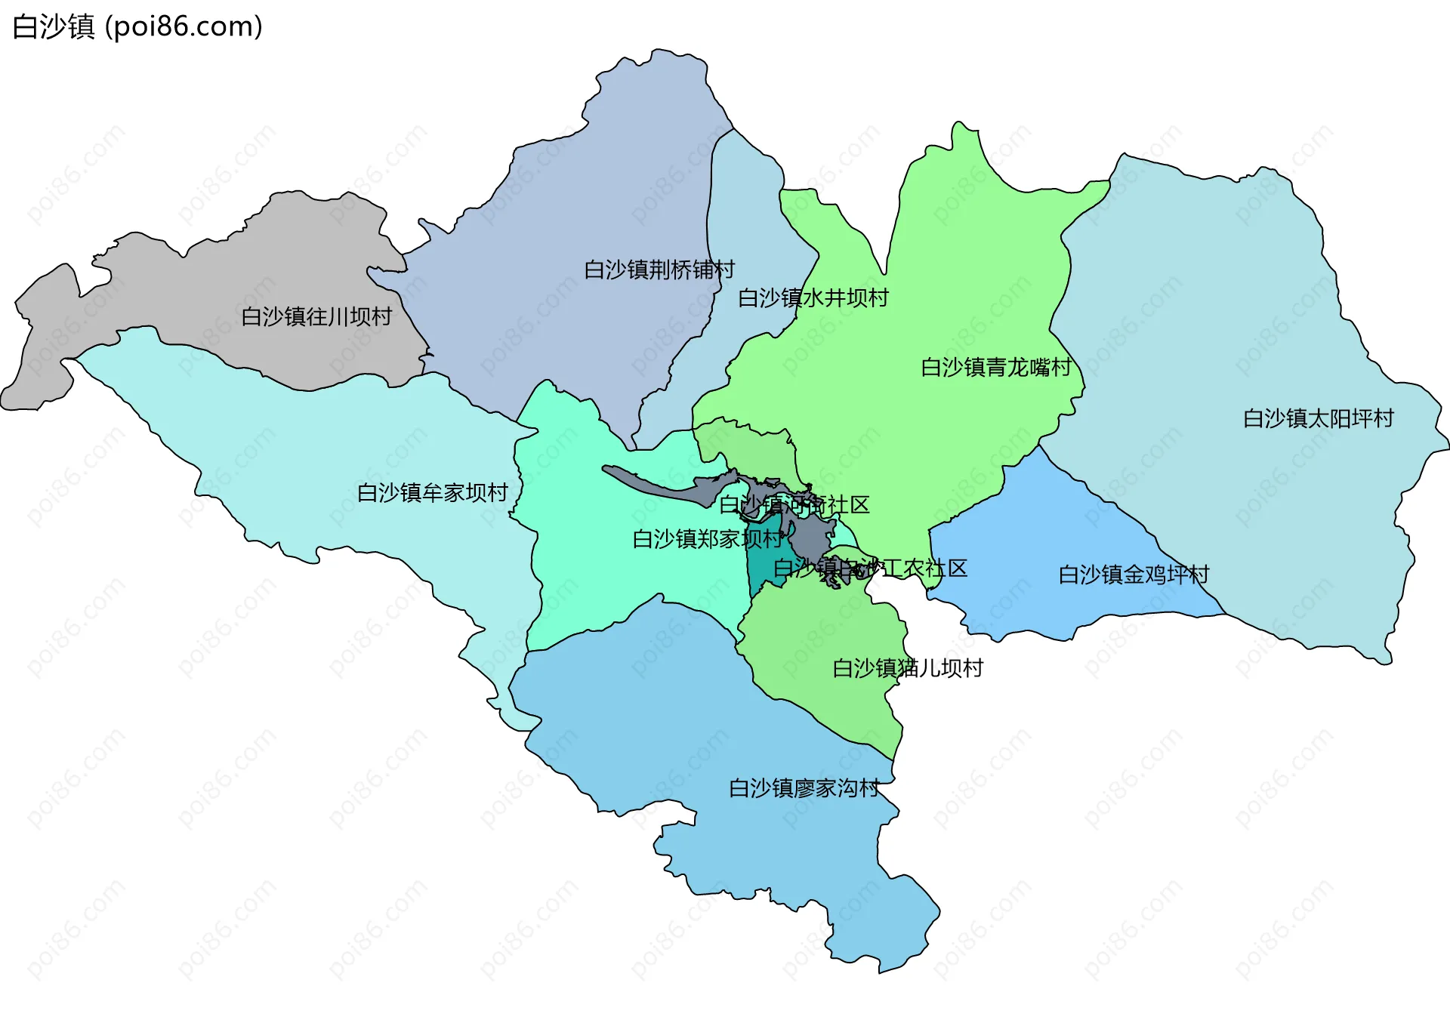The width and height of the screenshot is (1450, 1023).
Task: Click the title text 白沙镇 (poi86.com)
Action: tap(137, 27)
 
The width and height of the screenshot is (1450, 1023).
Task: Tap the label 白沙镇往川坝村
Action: tap(316, 316)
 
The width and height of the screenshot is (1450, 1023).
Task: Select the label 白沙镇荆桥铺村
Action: tap(659, 270)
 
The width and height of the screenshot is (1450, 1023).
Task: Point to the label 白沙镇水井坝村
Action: tap(813, 298)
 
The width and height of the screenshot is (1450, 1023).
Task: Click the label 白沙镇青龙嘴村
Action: tap(996, 368)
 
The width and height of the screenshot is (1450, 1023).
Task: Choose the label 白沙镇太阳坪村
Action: tap(1318, 418)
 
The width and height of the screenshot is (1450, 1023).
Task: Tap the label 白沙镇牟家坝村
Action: tap(432, 493)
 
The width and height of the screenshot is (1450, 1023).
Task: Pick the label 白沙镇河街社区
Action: tap(794, 505)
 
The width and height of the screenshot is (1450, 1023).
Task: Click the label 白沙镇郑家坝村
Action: tap(708, 539)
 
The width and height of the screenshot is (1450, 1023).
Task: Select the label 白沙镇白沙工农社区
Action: tap(870, 569)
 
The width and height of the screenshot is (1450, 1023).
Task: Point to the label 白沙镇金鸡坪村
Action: tap(1134, 575)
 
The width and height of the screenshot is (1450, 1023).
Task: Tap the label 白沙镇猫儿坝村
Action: tap(907, 668)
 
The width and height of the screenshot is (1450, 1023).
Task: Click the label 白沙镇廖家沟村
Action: tap(804, 788)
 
